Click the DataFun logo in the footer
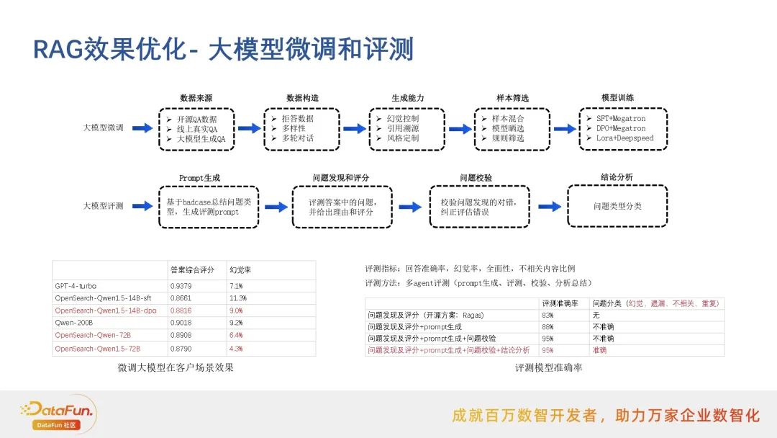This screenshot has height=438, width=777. [58, 414]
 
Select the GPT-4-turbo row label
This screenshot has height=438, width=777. [76, 285]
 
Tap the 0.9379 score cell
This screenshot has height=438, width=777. [181, 285]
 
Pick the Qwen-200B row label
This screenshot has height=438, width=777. [73, 323]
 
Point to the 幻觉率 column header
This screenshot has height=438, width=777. [240, 270]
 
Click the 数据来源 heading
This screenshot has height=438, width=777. [196, 98]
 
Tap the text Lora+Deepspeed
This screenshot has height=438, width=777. [624, 138]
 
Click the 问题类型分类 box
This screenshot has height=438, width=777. [617, 206]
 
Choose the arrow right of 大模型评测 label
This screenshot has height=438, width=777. [143, 206]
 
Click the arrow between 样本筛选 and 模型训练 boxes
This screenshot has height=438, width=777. [564, 128]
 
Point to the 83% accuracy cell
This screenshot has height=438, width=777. [547, 316]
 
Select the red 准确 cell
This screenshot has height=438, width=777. [599, 350]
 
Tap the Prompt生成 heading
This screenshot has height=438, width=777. [199, 178]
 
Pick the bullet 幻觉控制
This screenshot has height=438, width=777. [401, 118]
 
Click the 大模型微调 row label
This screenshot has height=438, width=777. [104, 128]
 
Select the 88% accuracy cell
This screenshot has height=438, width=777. [547, 327]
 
